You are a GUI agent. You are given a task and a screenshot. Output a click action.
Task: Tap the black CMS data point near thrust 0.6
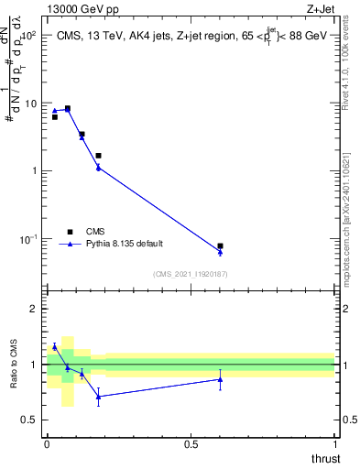click(x=220, y=246)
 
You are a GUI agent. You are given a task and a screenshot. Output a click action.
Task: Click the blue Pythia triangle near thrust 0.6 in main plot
click(x=220, y=253)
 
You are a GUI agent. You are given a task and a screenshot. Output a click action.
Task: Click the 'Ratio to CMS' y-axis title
click(x=14, y=365)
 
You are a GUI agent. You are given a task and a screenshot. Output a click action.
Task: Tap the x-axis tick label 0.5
click(x=191, y=444)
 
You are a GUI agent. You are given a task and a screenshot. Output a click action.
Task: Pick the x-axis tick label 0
click(x=47, y=444)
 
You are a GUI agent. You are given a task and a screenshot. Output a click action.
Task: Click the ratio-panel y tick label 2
click(x=34, y=309)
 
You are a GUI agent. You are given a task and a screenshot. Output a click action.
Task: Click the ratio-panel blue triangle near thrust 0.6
click(x=220, y=379)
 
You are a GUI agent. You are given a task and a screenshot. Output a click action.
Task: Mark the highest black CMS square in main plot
click(x=67, y=108)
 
